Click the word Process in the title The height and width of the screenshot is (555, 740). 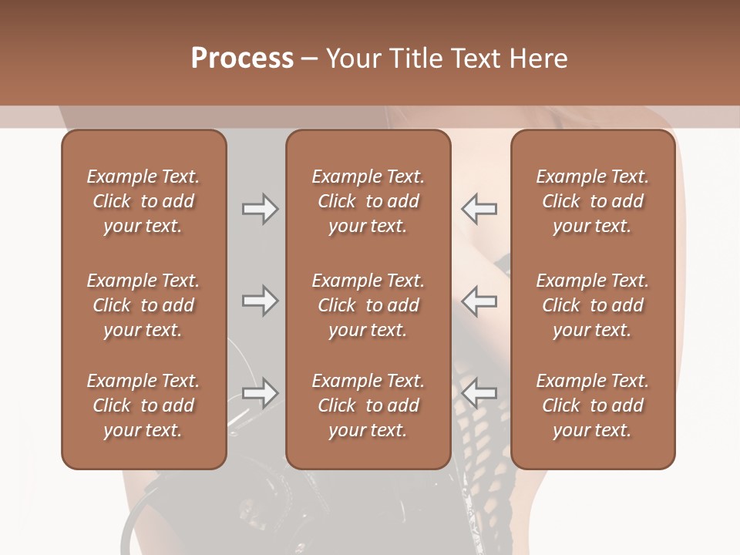[x=242, y=59]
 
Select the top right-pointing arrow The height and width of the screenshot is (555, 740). [x=260, y=209]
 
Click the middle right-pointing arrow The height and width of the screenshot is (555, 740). [x=260, y=301]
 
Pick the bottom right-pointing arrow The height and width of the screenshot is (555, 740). [x=260, y=393]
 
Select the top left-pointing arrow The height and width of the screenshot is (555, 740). [x=479, y=209]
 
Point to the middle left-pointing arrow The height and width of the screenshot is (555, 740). [x=479, y=301]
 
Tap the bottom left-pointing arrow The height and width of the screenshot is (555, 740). [x=479, y=393]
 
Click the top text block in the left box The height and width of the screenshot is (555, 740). [x=143, y=201]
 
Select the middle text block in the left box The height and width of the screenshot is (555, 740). [x=143, y=305]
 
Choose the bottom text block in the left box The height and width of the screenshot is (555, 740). [x=143, y=405]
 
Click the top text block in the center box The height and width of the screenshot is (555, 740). [x=368, y=201]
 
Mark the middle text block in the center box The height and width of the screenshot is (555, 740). [x=368, y=305]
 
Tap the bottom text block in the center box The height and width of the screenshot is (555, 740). [x=368, y=405]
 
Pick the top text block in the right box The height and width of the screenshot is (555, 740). [x=593, y=201]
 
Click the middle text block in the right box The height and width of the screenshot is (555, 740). [x=593, y=305]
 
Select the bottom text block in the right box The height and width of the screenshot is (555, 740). [x=593, y=405]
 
